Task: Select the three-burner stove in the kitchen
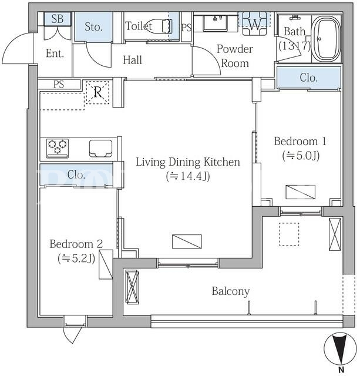click(x=58, y=148)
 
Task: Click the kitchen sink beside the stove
click(x=100, y=149)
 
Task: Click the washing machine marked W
click(x=254, y=23)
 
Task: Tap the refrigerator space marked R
click(x=98, y=92)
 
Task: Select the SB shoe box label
click(x=58, y=19)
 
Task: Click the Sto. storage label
click(x=93, y=26)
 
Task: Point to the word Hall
click(x=132, y=60)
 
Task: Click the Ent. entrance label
click(x=55, y=53)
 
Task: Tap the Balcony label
click(x=231, y=291)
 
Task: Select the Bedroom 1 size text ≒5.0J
click(x=301, y=156)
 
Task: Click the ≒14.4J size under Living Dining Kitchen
click(x=188, y=176)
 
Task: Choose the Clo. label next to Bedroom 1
click(x=309, y=78)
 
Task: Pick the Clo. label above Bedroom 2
click(x=76, y=174)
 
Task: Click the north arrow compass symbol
click(x=339, y=349)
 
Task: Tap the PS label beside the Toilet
click(x=187, y=28)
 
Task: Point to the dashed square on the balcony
click(x=289, y=234)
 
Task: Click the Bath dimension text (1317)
click(x=295, y=46)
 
